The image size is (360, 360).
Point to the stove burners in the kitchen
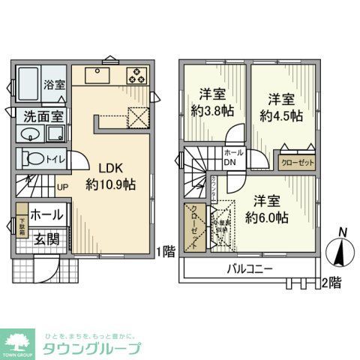click(137, 75)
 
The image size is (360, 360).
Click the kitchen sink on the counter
click(98, 75)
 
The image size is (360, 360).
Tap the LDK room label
click(103, 167)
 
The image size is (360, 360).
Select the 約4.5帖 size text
click(282, 115)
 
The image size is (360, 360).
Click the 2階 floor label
click(331, 283)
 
